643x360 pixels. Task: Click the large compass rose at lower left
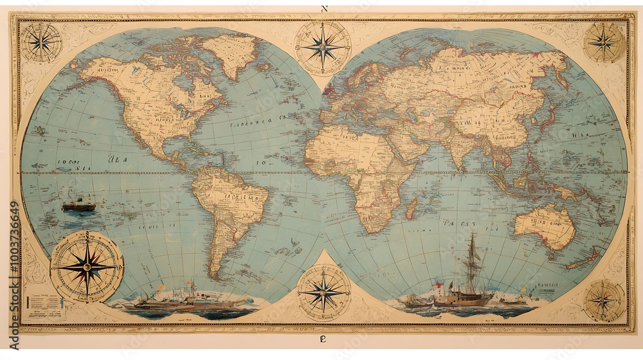point(87,266)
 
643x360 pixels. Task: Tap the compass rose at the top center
point(323,47)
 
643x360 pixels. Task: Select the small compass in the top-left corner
point(41,42)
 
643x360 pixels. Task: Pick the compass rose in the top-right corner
point(604,42)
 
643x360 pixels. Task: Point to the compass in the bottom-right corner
point(604,300)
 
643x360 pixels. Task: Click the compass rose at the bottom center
point(323,292)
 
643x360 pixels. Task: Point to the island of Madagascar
point(411,208)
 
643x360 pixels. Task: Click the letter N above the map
point(323,9)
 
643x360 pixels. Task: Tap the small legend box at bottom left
point(46,305)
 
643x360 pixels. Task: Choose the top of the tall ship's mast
point(473,235)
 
